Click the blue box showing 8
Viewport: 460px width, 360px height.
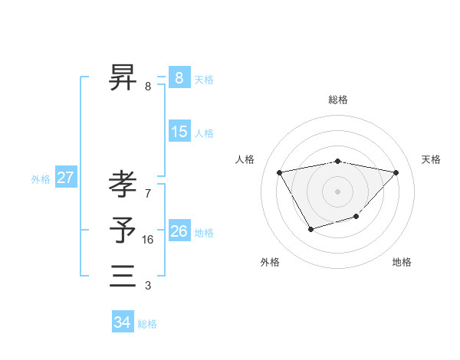click(x=179, y=77)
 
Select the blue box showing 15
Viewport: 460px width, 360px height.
click(x=179, y=131)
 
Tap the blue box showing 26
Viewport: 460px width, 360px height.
click(x=179, y=231)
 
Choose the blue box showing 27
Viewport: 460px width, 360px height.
click(x=65, y=178)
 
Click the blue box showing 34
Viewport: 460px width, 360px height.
click(x=122, y=322)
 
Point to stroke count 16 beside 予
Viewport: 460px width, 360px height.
click(x=148, y=240)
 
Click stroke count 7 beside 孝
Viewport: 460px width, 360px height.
click(x=147, y=193)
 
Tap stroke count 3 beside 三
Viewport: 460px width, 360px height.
click(x=147, y=286)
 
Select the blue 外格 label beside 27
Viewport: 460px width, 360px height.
click(x=41, y=179)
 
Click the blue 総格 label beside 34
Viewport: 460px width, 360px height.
click(x=147, y=324)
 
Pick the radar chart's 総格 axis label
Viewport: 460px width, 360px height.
click(x=338, y=100)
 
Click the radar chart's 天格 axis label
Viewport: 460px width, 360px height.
click(x=431, y=159)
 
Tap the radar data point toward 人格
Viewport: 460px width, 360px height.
click(x=279, y=172)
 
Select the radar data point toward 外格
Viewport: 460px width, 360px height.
click(x=310, y=229)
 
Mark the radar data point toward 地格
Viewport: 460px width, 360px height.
click(x=356, y=218)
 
